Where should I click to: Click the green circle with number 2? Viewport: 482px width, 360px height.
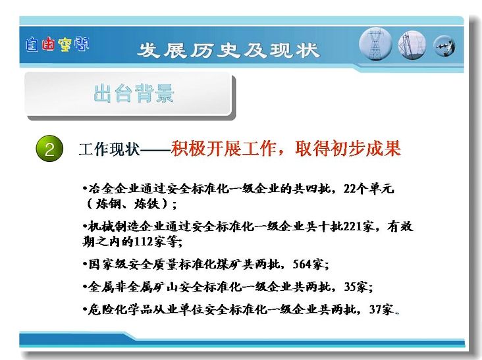click(x=49, y=149)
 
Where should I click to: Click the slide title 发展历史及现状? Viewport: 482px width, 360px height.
click(x=228, y=50)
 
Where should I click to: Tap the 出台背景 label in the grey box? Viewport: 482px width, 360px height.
click(x=134, y=93)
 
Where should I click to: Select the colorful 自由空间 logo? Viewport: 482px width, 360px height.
click(x=57, y=45)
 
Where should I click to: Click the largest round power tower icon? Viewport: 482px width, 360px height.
click(x=375, y=43)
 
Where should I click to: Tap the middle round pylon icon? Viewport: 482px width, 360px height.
click(x=412, y=45)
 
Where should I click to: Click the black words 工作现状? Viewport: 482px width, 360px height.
click(x=109, y=149)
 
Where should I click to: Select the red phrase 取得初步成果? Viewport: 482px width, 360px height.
click(x=348, y=148)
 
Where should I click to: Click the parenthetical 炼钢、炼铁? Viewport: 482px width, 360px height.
click(x=131, y=203)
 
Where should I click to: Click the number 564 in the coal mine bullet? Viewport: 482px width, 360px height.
click(x=303, y=264)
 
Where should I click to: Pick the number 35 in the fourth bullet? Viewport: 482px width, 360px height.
click(x=350, y=286)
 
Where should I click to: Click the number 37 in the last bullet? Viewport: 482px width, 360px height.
click(x=375, y=309)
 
